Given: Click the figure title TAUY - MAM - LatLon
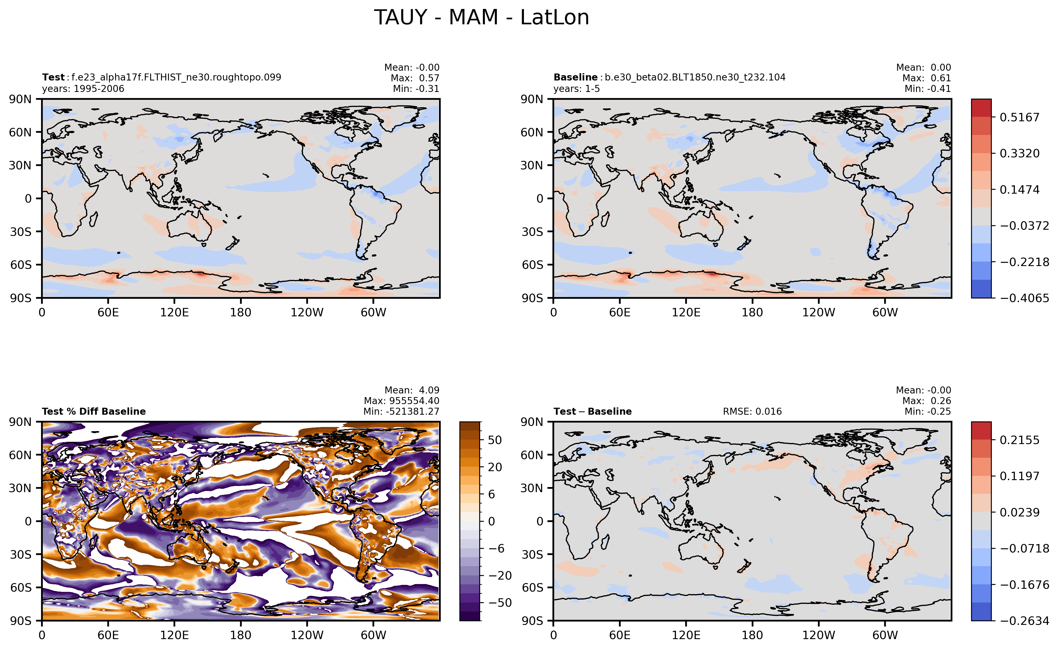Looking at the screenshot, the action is pos(481,18).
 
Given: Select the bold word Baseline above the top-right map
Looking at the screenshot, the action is pos(575,77).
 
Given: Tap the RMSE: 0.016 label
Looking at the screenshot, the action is pos(752,411).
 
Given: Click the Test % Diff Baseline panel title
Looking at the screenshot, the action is pos(94,411).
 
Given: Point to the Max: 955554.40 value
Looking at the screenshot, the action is pos(402,401).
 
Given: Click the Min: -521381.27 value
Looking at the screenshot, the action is pos(402,411).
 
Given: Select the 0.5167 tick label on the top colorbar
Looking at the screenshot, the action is pos(1019,117).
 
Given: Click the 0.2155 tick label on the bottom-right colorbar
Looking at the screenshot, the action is pos(1019,440).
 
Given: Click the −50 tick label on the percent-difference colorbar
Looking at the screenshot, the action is pos(500,603).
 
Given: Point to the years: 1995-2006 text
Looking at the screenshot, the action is pos(83,89).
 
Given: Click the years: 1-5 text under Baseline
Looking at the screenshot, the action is pos(577,89).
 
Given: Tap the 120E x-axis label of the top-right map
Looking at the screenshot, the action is pos(686,312).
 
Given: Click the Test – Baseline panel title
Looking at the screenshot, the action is pos(592,411).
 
